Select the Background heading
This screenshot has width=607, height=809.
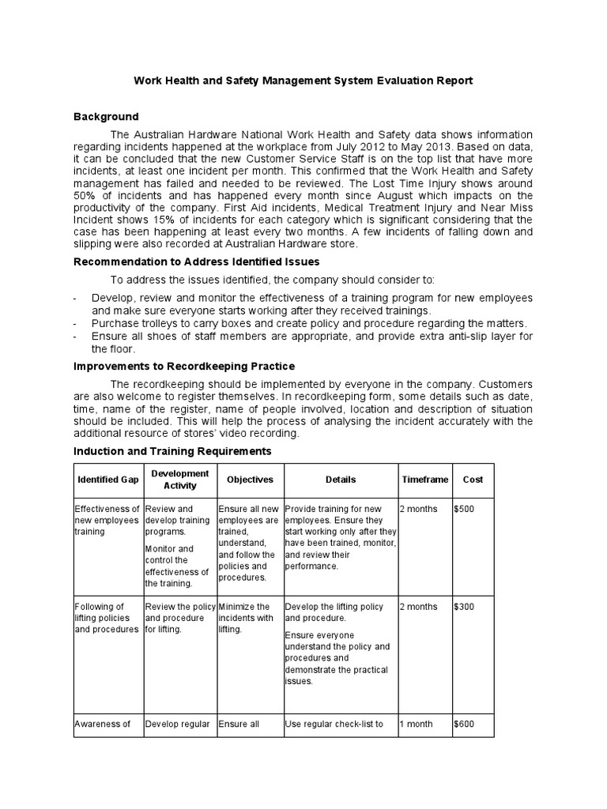(106, 117)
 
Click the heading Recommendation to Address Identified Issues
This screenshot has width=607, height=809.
(197, 262)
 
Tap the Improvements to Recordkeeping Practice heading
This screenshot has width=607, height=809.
(184, 367)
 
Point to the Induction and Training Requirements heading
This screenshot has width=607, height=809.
(172, 451)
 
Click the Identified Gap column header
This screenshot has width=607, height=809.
(107, 480)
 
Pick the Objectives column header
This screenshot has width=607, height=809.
(250, 480)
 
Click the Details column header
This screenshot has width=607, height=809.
(341, 480)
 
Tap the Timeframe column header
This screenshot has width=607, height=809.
(424, 480)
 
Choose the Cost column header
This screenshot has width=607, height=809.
(473, 480)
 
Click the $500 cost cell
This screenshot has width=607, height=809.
(465, 509)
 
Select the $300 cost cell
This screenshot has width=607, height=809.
(465, 607)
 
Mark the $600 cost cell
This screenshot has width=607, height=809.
(465, 724)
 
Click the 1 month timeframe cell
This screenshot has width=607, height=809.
(417, 724)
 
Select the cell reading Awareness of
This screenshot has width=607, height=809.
(102, 724)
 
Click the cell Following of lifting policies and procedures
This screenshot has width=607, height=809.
(107, 619)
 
